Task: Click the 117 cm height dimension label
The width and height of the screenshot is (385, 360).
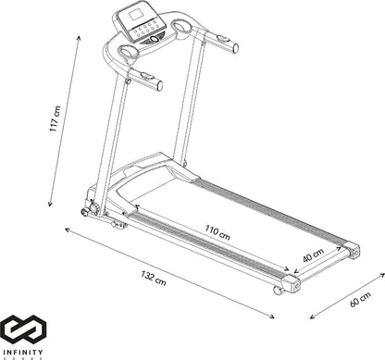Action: pyautogui.click(x=56, y=118)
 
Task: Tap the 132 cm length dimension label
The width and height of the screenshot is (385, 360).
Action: pyautogui.click(x=154, y=278)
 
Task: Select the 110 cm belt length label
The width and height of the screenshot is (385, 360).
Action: pyautogui.click(x=217, y=232)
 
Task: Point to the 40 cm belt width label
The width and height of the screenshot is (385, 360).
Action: pyautogui.click(x=313, y=255)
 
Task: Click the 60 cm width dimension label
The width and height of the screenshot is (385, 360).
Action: pyautogui.click(x=360, y=299)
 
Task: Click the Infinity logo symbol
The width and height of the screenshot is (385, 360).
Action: pyautogui.click(x=23, y=329)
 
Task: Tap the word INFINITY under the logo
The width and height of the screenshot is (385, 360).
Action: pyautogui.click(x=23, y=352)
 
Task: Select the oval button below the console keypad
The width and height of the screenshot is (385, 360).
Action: pyautogui.click(x=155, y=39)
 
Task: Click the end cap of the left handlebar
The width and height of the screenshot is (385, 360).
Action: pyautogui.click(x=160, y=86)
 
